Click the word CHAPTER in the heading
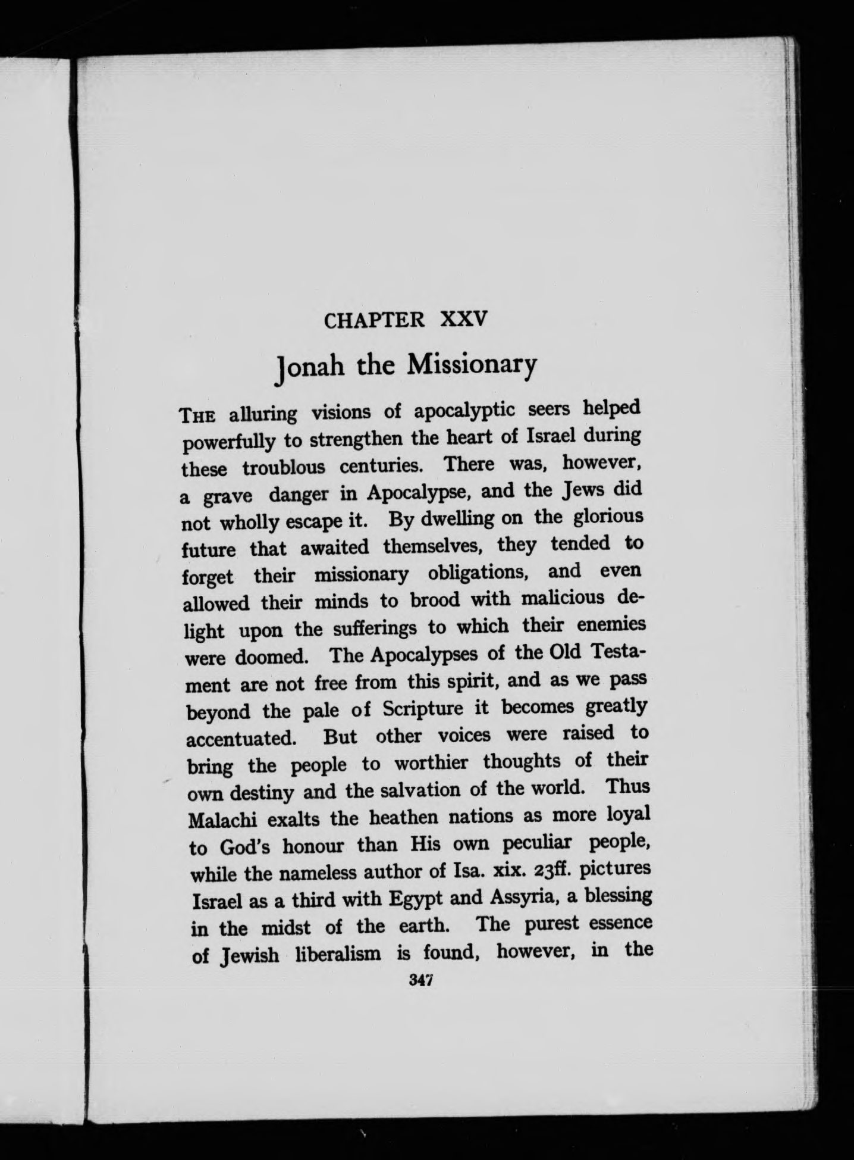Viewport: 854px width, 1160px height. pos(374,321)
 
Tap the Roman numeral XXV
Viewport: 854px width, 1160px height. pos(464,320)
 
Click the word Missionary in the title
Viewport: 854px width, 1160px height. pos(471,364)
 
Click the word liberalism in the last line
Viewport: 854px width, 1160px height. pos(339,954)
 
